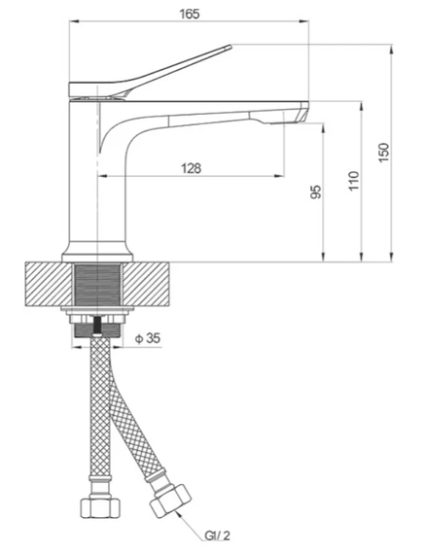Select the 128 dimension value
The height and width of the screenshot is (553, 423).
click(x=191, y=168)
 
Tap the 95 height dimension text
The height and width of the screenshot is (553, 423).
click(x=315, y=192)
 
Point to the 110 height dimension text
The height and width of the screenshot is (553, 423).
click(x=354, y=181)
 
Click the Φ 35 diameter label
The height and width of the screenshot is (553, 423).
click(x=149, y=338)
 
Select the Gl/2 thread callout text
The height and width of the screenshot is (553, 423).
click(x=217, y=535)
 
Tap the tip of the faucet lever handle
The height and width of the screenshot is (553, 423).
click(x=229, y=46)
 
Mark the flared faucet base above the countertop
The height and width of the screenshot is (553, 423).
click(x=96, y=251)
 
